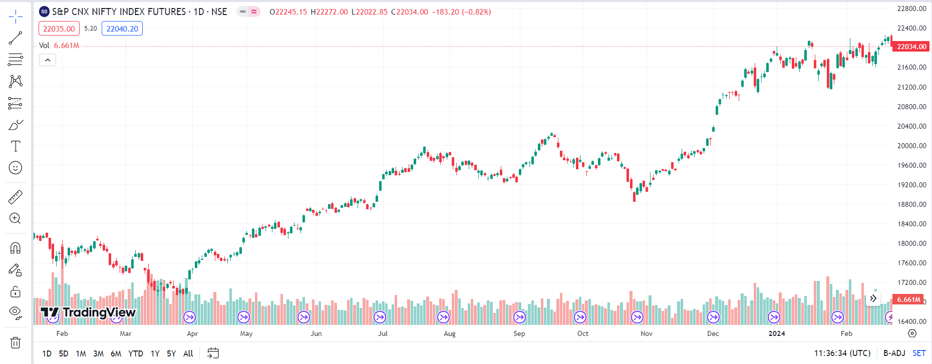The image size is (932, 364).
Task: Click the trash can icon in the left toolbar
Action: (16, 343)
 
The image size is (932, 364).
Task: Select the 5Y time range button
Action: (171, 353)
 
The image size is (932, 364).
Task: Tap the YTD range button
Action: (135, 353)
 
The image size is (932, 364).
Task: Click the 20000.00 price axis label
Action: (911, 146)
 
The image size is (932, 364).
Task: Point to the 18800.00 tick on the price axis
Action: (911, 204)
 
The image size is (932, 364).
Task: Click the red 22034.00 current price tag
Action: (911, 47)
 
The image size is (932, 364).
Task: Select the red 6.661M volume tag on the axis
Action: (908, 299)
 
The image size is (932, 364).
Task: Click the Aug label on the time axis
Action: (450, 333)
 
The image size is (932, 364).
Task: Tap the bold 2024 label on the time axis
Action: (777, 333)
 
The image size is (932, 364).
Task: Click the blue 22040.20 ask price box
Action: (122, 29)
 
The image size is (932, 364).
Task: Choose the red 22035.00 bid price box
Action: (59, 29)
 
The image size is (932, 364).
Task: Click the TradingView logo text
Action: (99, 312)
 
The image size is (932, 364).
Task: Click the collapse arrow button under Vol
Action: (48, 60)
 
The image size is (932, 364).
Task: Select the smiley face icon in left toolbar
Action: (16, 168)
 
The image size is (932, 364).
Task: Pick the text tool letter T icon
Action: (16, 146)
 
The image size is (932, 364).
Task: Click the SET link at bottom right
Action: (919, 353)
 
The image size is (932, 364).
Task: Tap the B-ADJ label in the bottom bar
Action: (894, 353)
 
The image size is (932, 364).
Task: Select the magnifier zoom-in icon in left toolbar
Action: (16, 218)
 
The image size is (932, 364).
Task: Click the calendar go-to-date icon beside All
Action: (213, 353)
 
